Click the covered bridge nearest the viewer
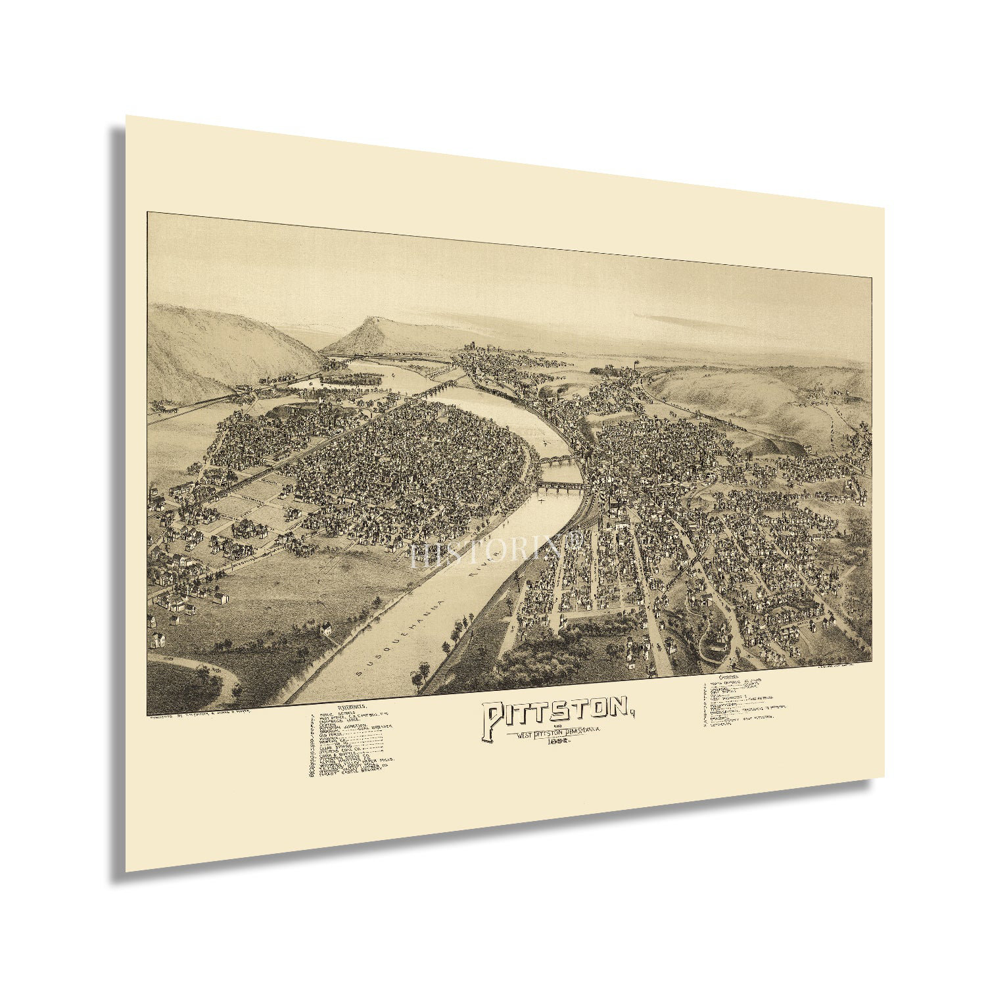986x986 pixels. pos(559,486)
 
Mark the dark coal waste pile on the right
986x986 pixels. pos(776,448)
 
